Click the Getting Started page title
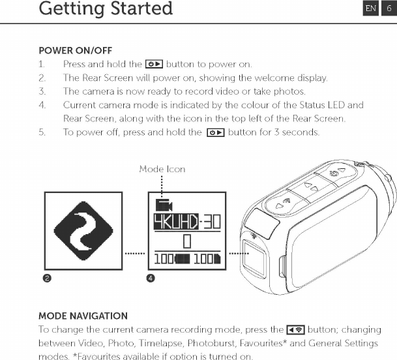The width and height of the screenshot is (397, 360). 106,9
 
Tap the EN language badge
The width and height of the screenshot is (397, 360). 370,8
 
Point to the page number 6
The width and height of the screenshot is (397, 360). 389,8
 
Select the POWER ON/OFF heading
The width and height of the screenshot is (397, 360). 75,50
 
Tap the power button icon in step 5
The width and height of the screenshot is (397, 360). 216,132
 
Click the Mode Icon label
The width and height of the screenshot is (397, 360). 162,169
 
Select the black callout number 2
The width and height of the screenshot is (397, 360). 47,278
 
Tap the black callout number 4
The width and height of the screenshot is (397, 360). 151,278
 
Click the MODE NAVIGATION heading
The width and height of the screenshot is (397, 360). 83,316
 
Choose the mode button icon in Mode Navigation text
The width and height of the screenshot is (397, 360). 297,330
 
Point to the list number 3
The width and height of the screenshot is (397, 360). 42,91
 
